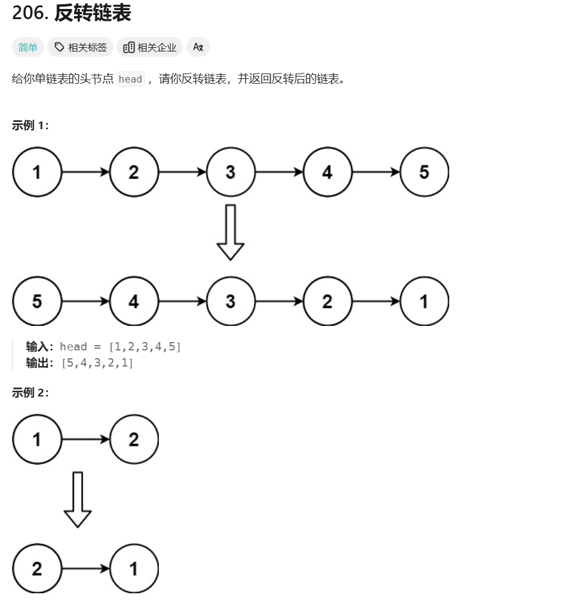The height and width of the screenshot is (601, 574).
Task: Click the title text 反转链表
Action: point(93,14)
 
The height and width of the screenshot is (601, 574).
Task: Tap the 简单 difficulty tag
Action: point(28,47)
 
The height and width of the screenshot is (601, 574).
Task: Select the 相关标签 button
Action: point(81,47)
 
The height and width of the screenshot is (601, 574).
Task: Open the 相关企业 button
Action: point(150,47)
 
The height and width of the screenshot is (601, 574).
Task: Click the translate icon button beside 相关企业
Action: point(198,47)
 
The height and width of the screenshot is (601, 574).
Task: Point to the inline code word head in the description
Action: point(130,79)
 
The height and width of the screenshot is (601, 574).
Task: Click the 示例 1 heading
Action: point(30,126)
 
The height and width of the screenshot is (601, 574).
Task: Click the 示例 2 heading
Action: point(30,392)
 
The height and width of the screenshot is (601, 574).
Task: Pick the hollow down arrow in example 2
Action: point(78,499)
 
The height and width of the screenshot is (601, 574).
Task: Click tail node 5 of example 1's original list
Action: point(424,172)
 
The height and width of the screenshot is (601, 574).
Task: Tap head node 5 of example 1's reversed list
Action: point(37,301)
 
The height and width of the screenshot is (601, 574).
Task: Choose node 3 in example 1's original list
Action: point(231,172)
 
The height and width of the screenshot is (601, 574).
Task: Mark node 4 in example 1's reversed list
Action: point(134,301)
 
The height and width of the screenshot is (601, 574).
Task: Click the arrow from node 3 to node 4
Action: point(279,172)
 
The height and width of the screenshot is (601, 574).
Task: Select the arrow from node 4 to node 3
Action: point(182,301)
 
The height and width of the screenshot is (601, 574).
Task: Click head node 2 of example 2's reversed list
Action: point(37,568)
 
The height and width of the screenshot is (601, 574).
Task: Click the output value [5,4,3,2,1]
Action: point(97,363)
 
